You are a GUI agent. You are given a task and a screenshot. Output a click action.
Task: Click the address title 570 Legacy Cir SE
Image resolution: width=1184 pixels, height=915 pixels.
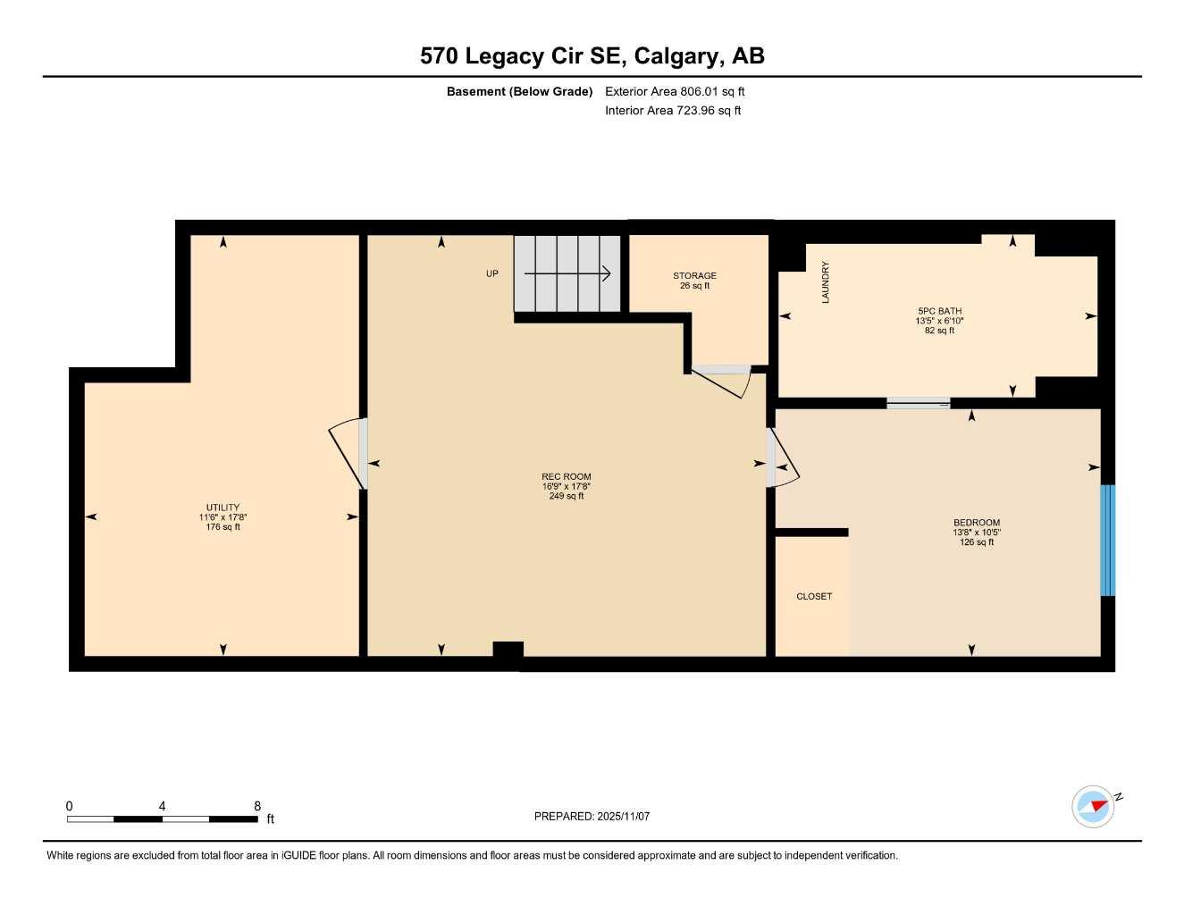(592, 56)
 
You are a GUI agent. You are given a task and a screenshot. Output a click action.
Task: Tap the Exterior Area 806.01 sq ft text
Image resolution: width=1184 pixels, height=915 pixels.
(675, 91)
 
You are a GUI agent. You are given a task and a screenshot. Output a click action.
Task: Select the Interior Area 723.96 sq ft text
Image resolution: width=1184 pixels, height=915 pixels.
(673, 111)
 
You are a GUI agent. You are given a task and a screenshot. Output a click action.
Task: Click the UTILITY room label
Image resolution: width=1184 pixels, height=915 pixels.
(223, 508)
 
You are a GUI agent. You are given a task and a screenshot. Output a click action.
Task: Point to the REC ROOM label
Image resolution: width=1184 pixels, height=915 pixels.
(566, 477)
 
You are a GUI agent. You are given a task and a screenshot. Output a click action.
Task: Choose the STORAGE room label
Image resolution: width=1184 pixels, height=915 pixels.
(694, 276)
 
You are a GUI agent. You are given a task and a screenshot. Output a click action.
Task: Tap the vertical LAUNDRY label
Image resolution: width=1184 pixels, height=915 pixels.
(826, 282)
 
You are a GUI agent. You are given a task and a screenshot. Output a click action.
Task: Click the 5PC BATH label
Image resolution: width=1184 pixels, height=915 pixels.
(939, 312)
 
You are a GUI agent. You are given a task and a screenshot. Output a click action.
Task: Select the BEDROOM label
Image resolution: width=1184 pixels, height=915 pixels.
(976, 523)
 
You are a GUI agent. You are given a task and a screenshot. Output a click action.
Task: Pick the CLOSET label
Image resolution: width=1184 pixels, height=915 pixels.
(813, 596)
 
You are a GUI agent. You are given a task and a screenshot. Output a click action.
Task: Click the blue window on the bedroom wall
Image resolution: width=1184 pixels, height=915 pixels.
(1107, 540)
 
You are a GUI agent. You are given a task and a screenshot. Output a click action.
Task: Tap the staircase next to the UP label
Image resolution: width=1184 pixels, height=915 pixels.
(567, 273)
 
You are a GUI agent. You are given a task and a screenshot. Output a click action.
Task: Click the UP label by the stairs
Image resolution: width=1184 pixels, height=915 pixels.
(491, 273)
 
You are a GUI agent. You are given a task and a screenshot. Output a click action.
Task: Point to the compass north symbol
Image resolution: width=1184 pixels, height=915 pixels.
(1095, 806)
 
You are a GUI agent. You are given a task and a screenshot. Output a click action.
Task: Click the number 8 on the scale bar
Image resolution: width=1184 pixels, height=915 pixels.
(257, 806)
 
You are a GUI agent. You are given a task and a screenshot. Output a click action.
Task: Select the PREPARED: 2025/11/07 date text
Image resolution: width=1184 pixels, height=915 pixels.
(592, 816)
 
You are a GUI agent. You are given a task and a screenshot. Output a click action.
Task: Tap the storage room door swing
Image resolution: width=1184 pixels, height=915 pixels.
(722, 380)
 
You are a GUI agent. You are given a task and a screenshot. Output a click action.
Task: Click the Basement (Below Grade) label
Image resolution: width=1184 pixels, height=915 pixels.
(519, 91)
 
